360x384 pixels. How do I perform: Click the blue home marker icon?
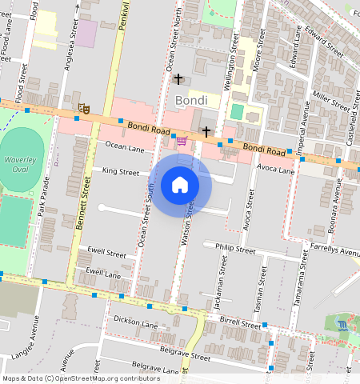coord(180,185)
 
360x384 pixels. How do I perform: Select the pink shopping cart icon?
coord(182,142)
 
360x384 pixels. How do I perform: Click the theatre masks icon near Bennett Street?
coord(82,108)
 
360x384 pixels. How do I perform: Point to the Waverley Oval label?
coord(21,165)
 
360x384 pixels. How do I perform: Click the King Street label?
coord(120,171)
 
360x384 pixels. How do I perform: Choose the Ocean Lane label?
coord(125,148)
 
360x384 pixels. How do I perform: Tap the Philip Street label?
coord(236,250)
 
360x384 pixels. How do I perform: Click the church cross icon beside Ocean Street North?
coord(178,79)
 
